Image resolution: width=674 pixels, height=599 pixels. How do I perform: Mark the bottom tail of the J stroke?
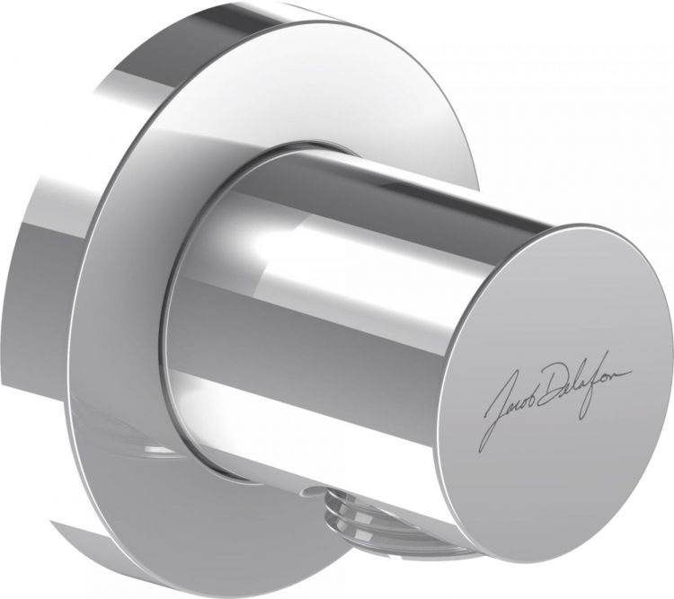coord(486,443)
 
